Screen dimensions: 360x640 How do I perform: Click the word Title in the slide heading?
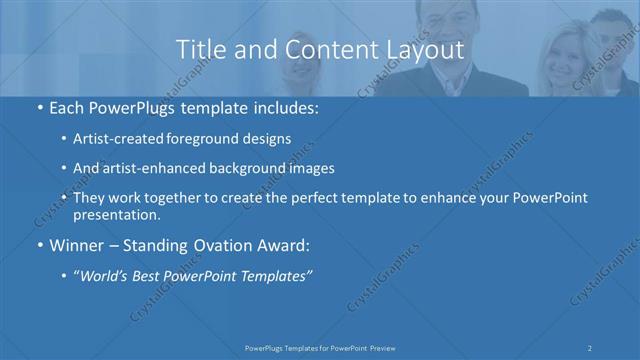(x=199, y=49)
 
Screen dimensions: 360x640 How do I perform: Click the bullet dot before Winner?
(x=38, y=245)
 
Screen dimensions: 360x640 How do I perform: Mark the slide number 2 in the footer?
(x=591, y=347)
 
